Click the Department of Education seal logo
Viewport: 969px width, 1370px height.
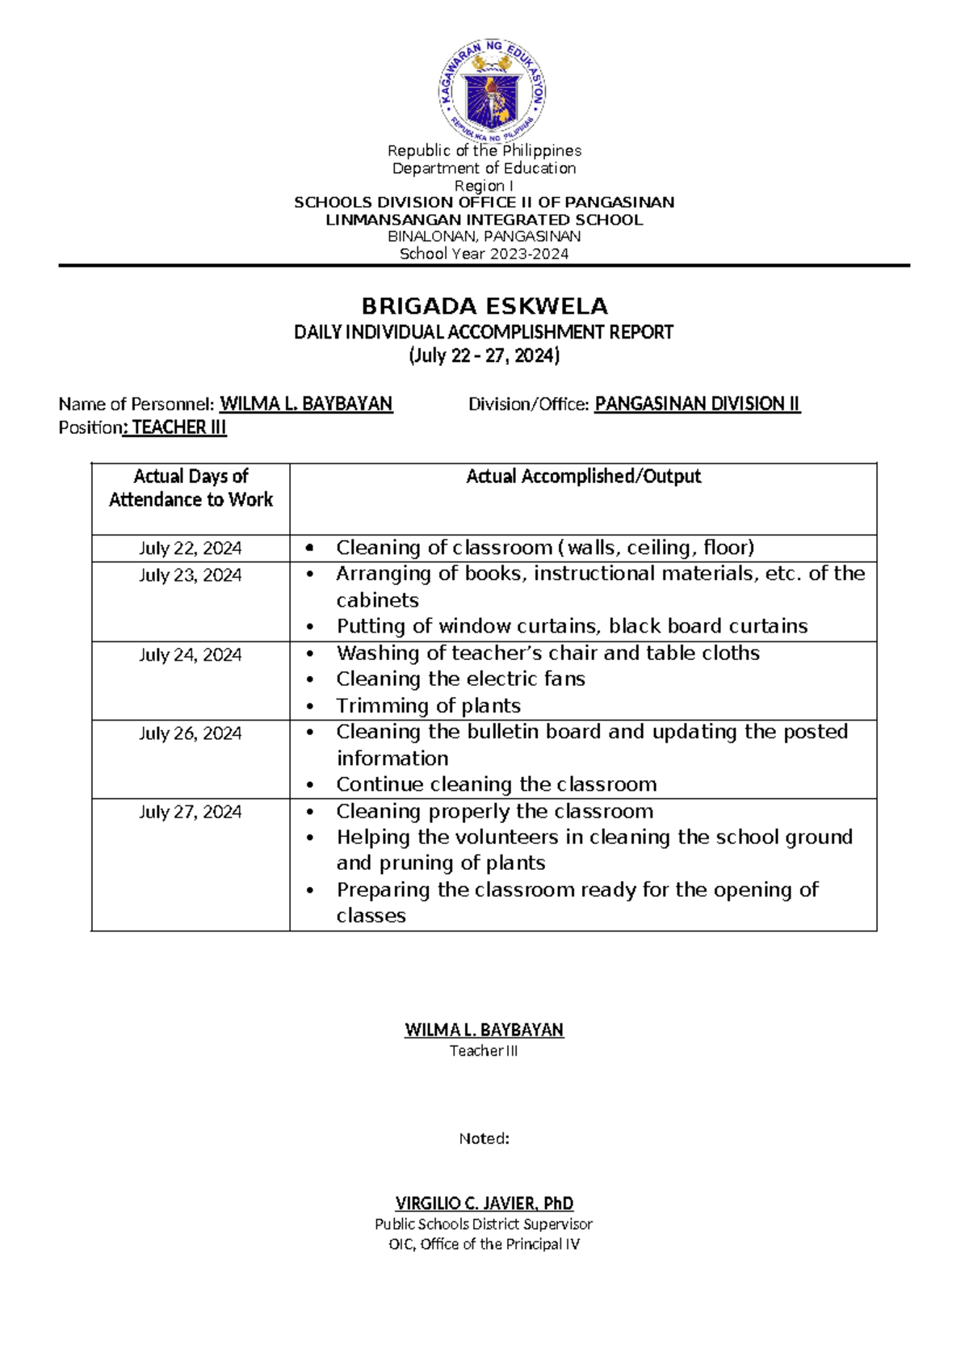pos(492,90)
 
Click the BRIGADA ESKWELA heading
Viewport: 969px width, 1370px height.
pos(484,306)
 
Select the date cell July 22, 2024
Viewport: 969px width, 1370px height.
pos(190,548)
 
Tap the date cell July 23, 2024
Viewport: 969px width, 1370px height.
pos(190,575)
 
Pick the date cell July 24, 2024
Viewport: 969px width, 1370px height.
pos(190,655)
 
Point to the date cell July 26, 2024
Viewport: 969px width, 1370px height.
pos(190,733)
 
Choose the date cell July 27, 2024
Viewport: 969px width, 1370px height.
pos(190,812)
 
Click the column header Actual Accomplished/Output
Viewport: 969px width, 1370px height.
pos(583,477)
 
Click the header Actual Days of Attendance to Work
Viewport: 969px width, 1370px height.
pos(191,488)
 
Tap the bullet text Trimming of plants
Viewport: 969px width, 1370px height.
pos(428,706)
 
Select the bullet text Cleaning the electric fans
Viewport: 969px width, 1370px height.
pos(460,679)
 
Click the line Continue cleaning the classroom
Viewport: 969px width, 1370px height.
pos(496,784)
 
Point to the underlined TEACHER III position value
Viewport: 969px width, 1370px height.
pos(178,427)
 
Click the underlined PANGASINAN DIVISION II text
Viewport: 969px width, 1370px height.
pos(697,404)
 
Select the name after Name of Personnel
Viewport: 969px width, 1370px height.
pos(306,404)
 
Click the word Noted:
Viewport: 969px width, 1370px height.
pos(484,1139)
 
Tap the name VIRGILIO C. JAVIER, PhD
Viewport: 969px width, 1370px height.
pos(484,1204)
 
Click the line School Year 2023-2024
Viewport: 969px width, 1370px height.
pos(484,254)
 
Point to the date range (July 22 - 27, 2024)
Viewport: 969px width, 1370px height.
pos(484,355)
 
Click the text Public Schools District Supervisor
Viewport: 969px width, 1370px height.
pos(484,1225)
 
